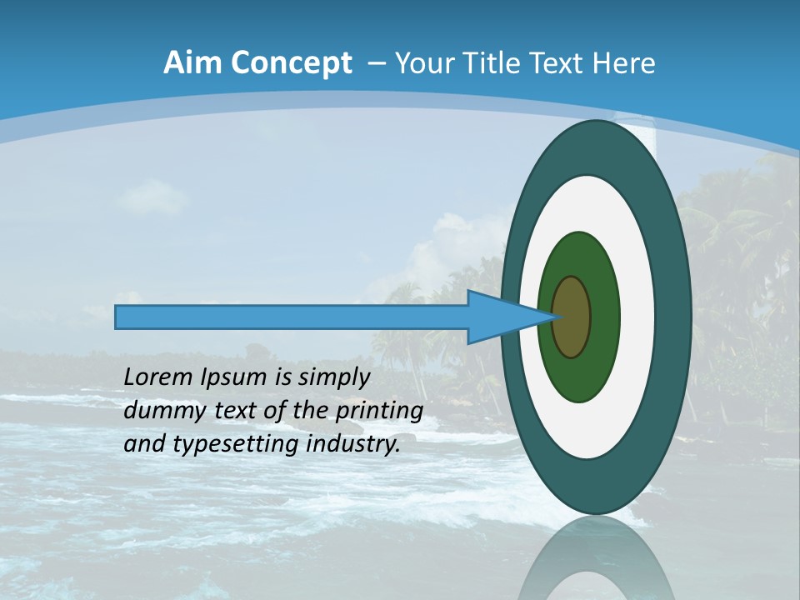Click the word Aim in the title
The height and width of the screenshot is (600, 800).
193,63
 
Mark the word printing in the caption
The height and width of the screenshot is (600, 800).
379,411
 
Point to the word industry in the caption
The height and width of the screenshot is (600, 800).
353,444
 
